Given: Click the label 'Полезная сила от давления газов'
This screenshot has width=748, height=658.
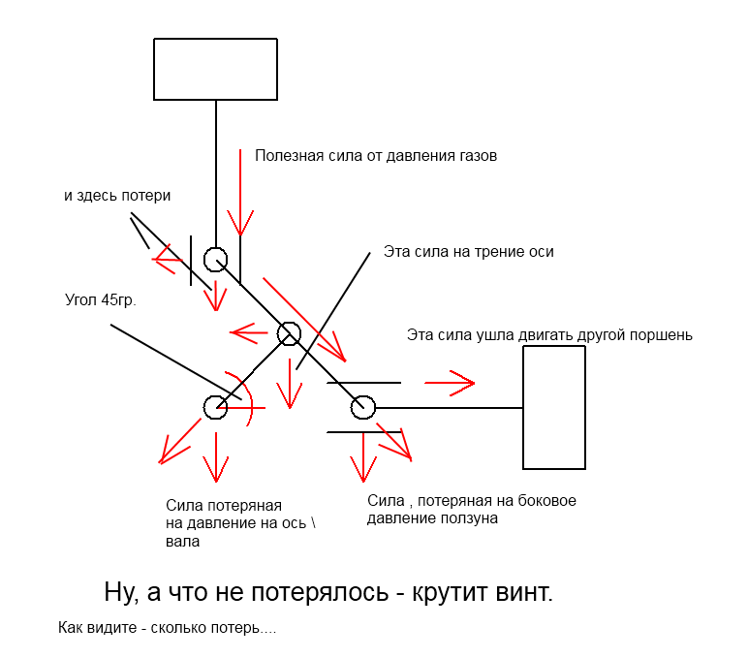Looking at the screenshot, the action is click(376, 156).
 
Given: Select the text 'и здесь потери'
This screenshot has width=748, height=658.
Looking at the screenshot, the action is click(117, 196).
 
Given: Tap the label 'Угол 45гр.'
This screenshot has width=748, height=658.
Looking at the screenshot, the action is click(101, 300).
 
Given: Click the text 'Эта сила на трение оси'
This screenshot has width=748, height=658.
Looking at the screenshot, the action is click(468, 251).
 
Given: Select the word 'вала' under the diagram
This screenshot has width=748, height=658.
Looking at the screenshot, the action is click(183, 542).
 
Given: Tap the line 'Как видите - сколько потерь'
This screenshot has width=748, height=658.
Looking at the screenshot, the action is click(167, 627).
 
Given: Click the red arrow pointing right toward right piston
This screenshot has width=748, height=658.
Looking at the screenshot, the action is click(450, 383).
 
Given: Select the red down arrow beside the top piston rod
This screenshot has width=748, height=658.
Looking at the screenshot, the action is click(240, 192).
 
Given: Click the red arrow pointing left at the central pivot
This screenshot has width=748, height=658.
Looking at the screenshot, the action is click(249, 332).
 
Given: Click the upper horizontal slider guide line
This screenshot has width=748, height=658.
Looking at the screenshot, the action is click(364, 383).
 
